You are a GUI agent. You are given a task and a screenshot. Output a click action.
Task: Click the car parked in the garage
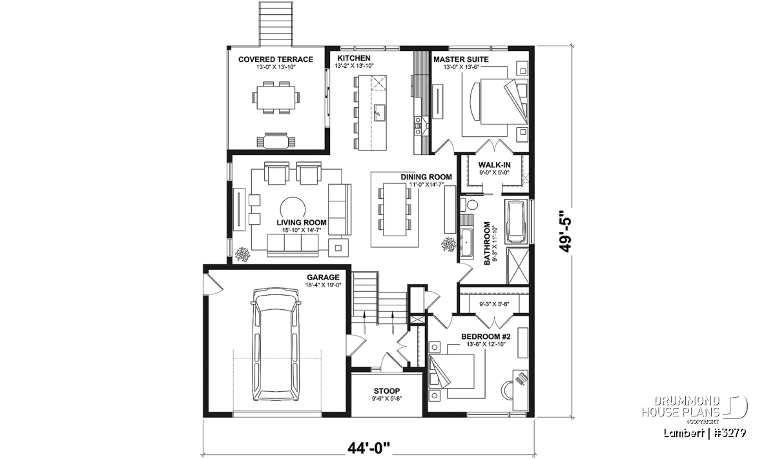[x=275, y=345]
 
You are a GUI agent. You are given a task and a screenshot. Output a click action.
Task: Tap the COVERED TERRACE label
[x=276, y=59]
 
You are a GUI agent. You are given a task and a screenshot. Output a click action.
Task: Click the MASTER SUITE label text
[x=461, y=59]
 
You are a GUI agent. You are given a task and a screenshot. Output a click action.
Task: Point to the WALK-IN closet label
[x=495, y=165]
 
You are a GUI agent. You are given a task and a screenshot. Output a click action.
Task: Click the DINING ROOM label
[x=426, y=177]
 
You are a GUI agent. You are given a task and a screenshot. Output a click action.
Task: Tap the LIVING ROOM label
[x=302, y=223]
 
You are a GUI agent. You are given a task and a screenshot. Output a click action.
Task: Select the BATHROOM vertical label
[x=487, y=243]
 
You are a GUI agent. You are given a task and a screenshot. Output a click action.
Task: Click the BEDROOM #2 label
[x=486, y=336]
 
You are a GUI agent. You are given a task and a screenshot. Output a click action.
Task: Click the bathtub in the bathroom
[x=517, y=221]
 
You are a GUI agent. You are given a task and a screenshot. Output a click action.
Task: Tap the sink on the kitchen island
[x=378, y=112]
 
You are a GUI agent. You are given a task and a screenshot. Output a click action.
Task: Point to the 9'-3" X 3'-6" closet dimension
[x=494, y=304]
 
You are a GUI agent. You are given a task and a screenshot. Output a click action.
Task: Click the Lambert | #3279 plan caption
[x=705, y=433]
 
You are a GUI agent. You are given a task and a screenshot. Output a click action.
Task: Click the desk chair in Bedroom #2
[x=507, y=390]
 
